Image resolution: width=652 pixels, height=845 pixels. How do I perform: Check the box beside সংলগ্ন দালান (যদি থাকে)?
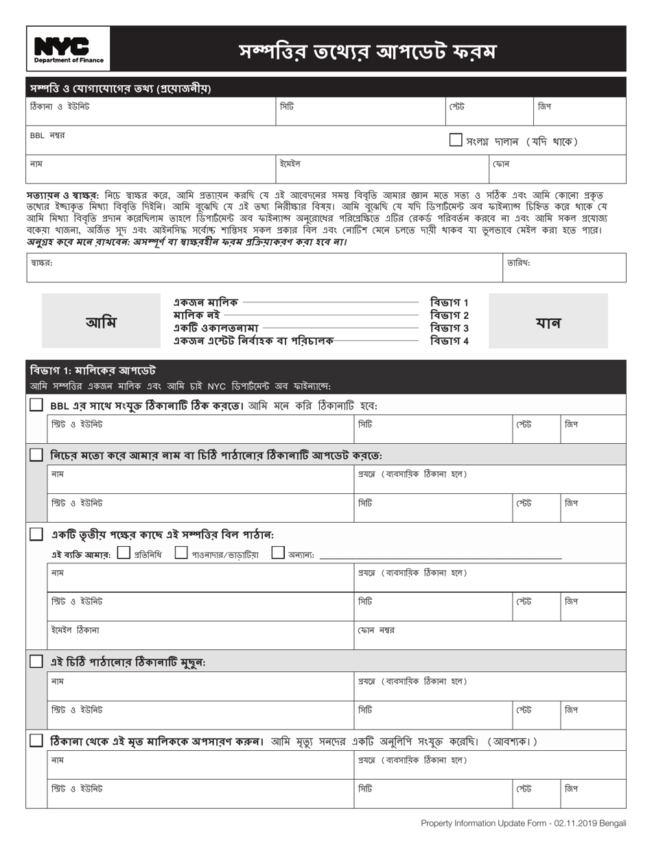(x=456, y=140)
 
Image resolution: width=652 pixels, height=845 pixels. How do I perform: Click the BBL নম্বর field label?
(x=47, y=135)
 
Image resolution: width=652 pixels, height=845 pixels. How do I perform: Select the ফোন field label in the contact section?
(x=500, y=164)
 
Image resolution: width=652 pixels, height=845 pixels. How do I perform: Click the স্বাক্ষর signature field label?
(x=42, y=262)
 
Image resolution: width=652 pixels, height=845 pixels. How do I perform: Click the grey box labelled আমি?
(x=100, y=322)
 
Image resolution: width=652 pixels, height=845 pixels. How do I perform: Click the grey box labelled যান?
(x=548, y=322)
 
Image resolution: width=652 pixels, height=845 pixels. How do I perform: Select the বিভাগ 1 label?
(x=450, y=302)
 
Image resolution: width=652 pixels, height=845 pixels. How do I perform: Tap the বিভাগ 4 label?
(x=450, y=341)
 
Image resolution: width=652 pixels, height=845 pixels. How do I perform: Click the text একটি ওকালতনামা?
(x=216, y=328)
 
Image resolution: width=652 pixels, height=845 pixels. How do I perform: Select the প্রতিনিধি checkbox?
(x=124, y=552)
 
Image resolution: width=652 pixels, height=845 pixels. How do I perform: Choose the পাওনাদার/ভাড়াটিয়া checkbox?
(x=181, y=552)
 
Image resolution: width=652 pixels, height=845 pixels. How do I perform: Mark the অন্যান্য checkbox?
(x=278, y=552)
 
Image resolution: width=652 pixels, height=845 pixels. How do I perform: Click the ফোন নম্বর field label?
(x=376, y=630)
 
